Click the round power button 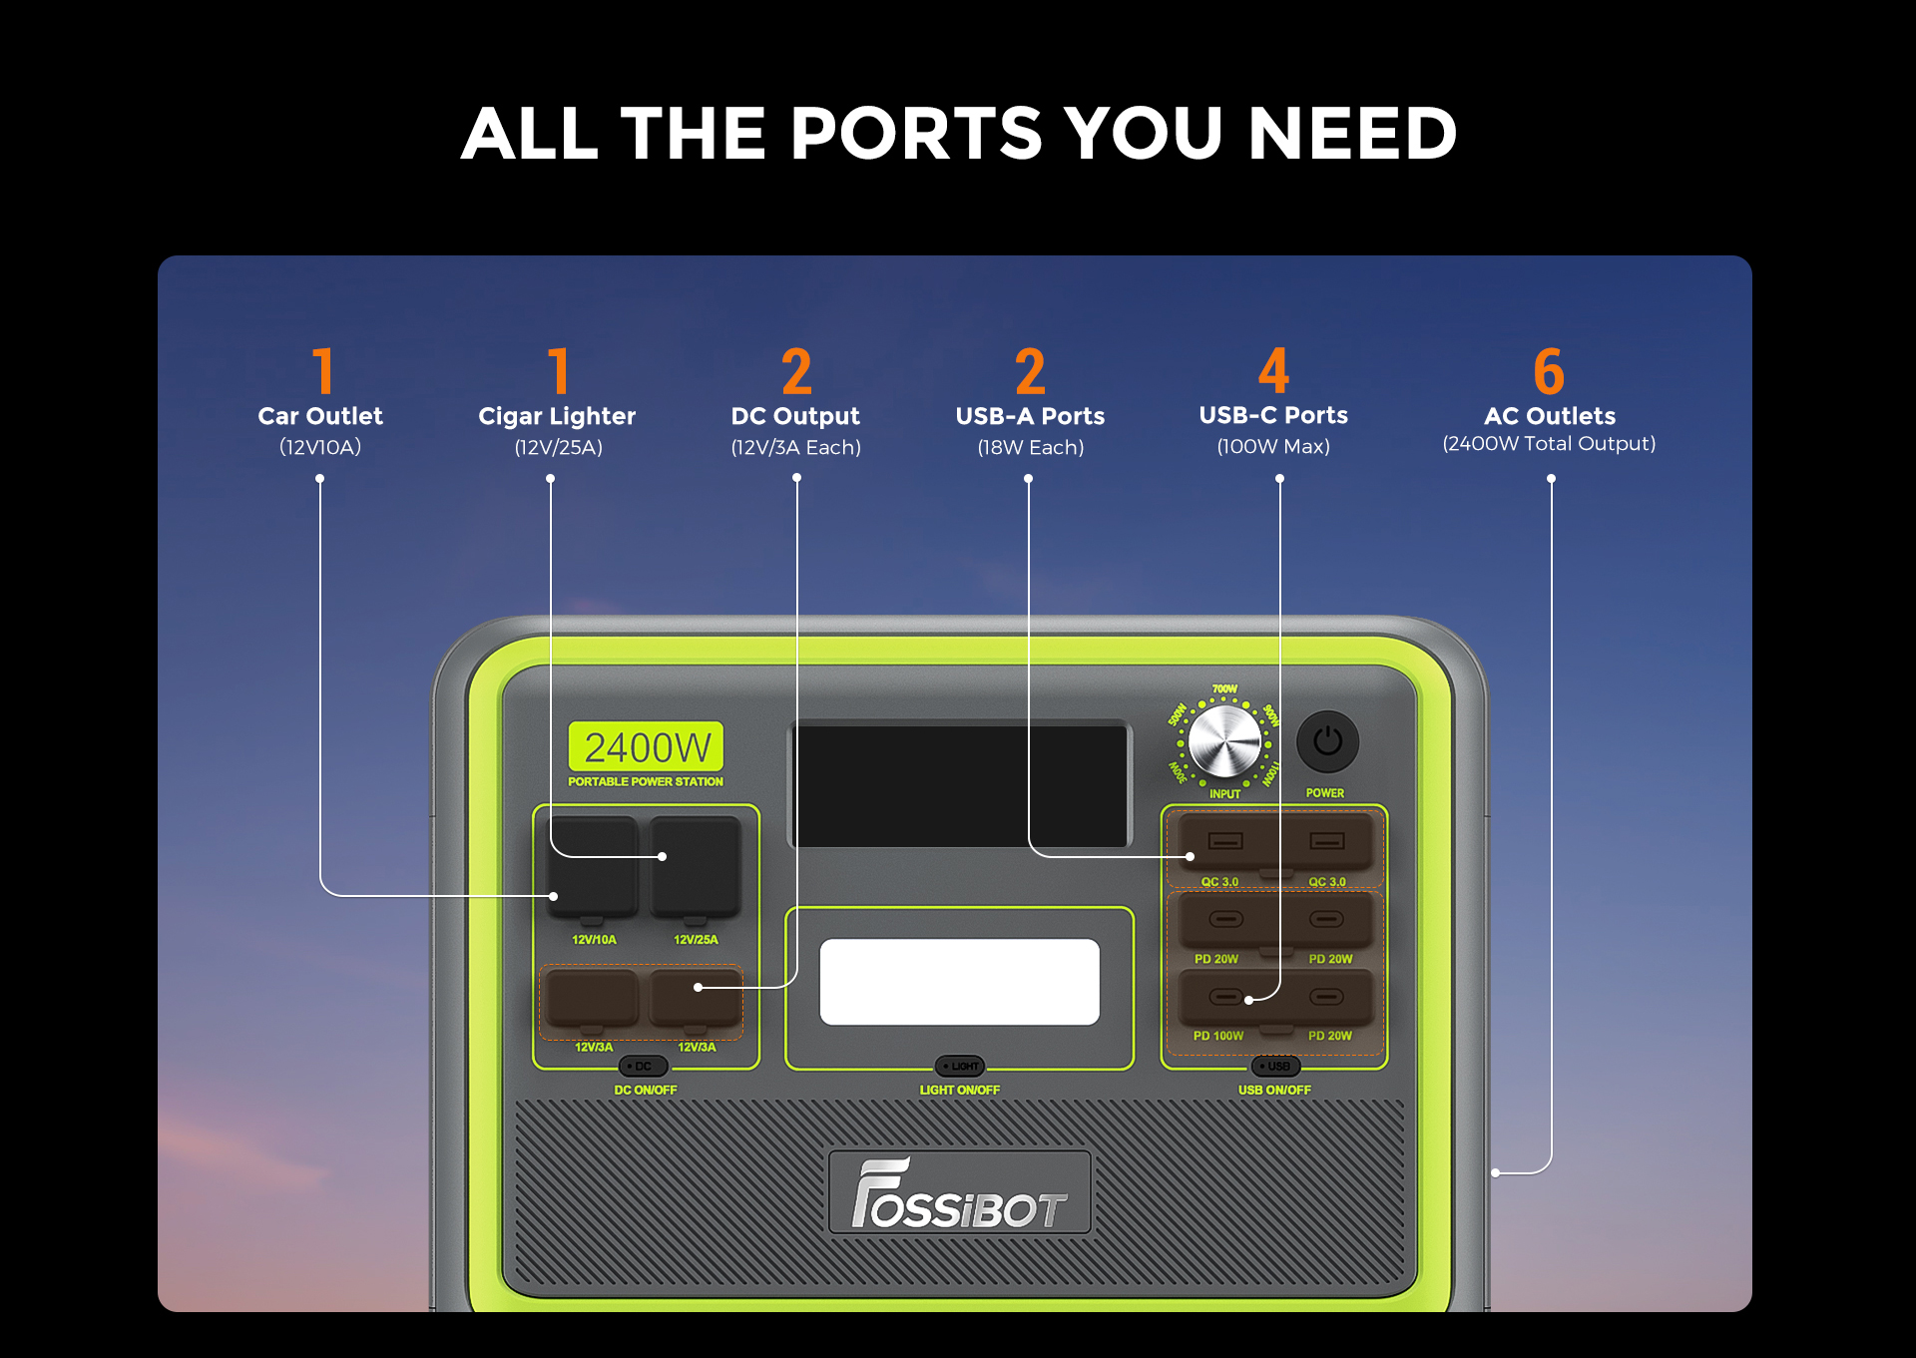tap(1326, 741)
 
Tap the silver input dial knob tap(1224, 742)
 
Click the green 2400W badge tap(646, 746)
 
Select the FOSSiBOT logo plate tap(959, 1192)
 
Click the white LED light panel tap(959, 982)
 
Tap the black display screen tap(959, 784)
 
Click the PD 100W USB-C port tap(1225, 997)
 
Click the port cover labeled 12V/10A tap(593, 866)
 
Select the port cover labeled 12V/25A tap(697, 866)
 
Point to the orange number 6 tap(1549, 371)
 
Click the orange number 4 tap(1273, 371)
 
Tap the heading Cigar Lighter tap(557, 416)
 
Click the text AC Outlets tap(1549, 416)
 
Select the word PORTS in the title tap(916, 134)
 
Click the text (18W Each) tap(1030, 447)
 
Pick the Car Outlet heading tap(320, 416)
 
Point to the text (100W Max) tap(1273, 446)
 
